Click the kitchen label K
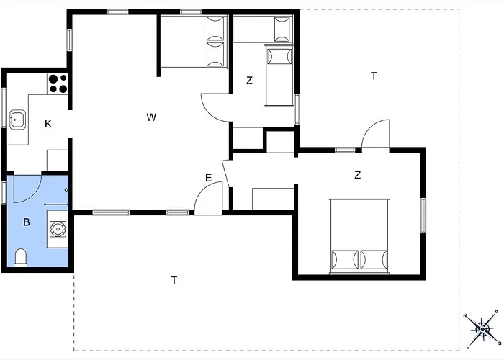48,124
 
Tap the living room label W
151,117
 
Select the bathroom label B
27,222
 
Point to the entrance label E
208,178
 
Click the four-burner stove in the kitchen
58,84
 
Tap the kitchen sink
17,120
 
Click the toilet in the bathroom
21,258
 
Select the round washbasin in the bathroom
58,229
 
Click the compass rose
482,330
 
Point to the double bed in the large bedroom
359,236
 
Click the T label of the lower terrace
174,280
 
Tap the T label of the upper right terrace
374,76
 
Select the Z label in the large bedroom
357,175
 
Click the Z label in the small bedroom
249,81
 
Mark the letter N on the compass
465,315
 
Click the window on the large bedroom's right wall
423,215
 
